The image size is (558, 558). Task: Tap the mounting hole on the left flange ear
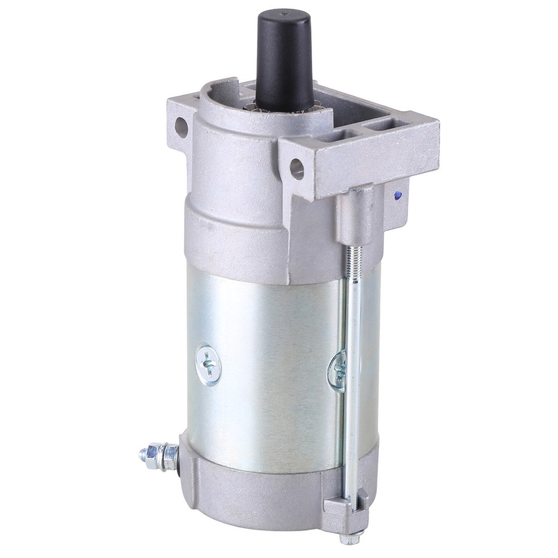(181, 127)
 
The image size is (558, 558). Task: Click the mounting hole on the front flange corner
(297, 168)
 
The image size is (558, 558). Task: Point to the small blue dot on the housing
(397, 196)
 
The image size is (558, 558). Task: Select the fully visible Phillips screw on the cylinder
(209, 365)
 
